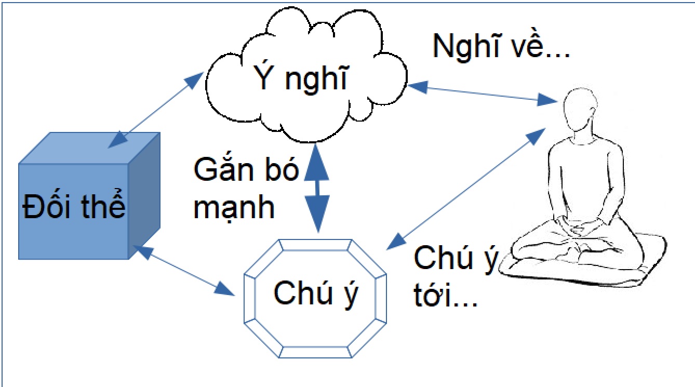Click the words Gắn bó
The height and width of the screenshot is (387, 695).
(246, 169)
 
